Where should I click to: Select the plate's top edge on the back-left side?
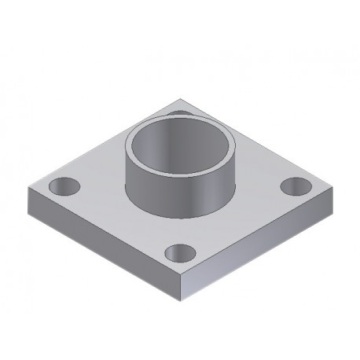(102, 144)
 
